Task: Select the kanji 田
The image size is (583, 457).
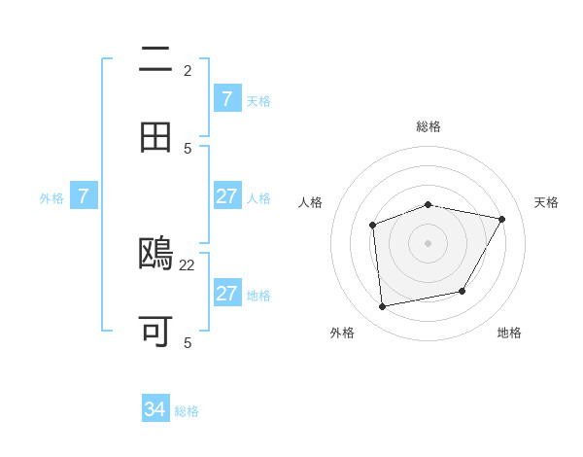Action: coord(155,137)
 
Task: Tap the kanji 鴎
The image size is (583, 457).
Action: coord(156,255)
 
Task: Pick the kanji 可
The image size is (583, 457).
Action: coord(155,332)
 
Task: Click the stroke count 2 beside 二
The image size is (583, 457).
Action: coord(188,71)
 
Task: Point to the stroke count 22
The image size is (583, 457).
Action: coord(188,264)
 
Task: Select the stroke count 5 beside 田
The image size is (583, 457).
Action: coord(188,148)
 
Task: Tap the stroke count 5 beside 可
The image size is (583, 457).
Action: coord(188,342)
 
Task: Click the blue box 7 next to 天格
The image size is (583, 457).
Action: coord(226,99)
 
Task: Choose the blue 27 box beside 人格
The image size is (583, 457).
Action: coord(226,196)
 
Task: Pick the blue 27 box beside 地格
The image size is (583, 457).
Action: coord(226,294)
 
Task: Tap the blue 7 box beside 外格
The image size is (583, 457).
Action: coord(84,196)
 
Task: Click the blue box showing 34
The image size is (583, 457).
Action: coord(155,410)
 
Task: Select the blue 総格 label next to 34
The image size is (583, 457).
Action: coord(187,411)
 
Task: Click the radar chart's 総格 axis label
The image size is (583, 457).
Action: coord(429,126)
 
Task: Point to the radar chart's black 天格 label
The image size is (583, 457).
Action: coord(546,202)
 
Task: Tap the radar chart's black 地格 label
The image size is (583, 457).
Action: coord(509,333)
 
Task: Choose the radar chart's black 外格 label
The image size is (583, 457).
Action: coord(342,333)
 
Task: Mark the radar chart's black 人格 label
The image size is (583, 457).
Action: coord(311,202)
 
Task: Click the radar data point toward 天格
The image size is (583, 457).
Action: coord(501,219)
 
